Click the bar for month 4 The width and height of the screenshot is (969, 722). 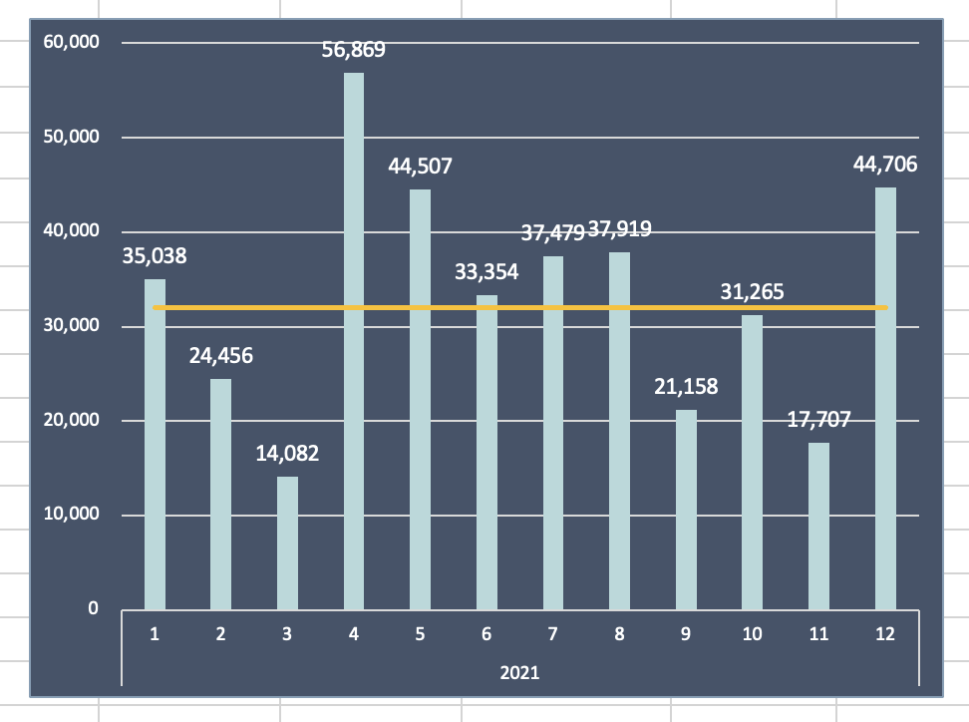[x=354, y=339]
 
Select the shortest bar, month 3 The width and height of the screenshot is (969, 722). [x=287, y=542]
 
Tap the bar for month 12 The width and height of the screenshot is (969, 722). [x=885, y=399]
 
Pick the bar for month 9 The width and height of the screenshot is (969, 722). [x=686, y=510]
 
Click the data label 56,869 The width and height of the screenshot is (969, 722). [x=354, y=50]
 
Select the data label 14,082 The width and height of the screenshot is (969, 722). [x=287, y=454]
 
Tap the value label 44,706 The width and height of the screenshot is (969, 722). [x=885, y=165]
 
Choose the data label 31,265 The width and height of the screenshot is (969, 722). [x=753, y=292]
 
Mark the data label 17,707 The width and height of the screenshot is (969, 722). [x=818, y=420]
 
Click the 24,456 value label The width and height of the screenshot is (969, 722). [x=221, y=356]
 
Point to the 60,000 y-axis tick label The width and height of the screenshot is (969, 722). [x=72, y=43]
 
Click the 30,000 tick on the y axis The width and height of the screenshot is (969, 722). [x=72, y=326]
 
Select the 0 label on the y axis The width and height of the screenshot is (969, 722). [x=93, y=608]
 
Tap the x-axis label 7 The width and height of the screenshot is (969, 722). [x=553, y=634]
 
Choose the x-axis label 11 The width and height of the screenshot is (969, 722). [x=818, y=634]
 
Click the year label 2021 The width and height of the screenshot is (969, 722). [x=519, y=672]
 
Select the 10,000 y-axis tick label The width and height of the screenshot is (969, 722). [x=72, y=515]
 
